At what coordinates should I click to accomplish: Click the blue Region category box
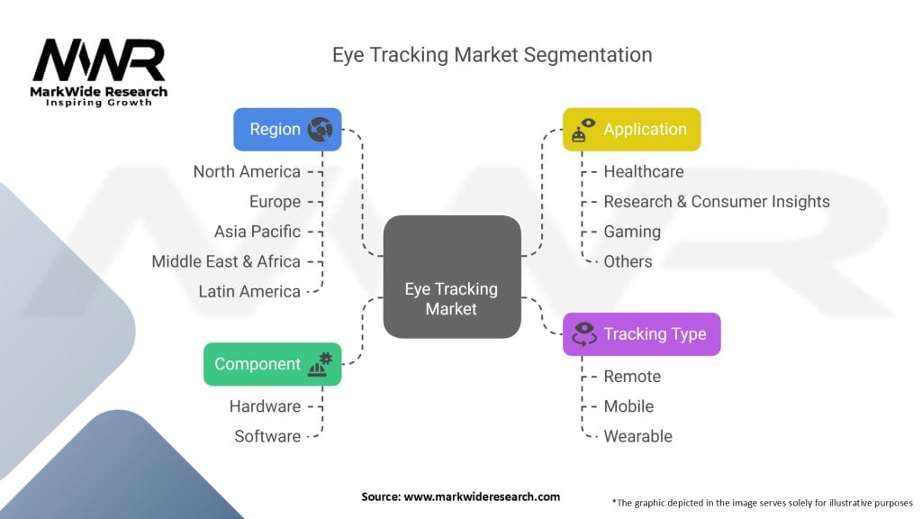[287, 129]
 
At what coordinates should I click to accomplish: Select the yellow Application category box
[631, 129]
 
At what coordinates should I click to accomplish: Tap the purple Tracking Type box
[641, 333]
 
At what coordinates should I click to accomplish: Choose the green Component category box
[272, 364]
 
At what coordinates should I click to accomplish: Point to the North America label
[247, 171]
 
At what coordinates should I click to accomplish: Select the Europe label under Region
[275, 201]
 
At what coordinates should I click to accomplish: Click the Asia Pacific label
[258, 232]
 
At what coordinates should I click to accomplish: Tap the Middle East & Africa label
[226, 261]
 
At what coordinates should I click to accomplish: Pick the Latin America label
[249, 291]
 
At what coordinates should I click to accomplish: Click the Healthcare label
[643, 171]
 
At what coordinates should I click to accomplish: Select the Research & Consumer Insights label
[716, 201]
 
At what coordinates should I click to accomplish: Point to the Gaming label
[631, 232]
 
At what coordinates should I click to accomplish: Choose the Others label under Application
[628, 261]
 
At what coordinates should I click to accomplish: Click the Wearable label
[637, 436]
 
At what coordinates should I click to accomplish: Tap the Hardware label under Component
[265, 406]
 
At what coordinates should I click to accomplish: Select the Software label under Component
[267, 436]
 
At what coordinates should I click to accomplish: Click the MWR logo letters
[99, 60]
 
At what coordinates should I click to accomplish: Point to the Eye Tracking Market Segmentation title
[492, 54]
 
